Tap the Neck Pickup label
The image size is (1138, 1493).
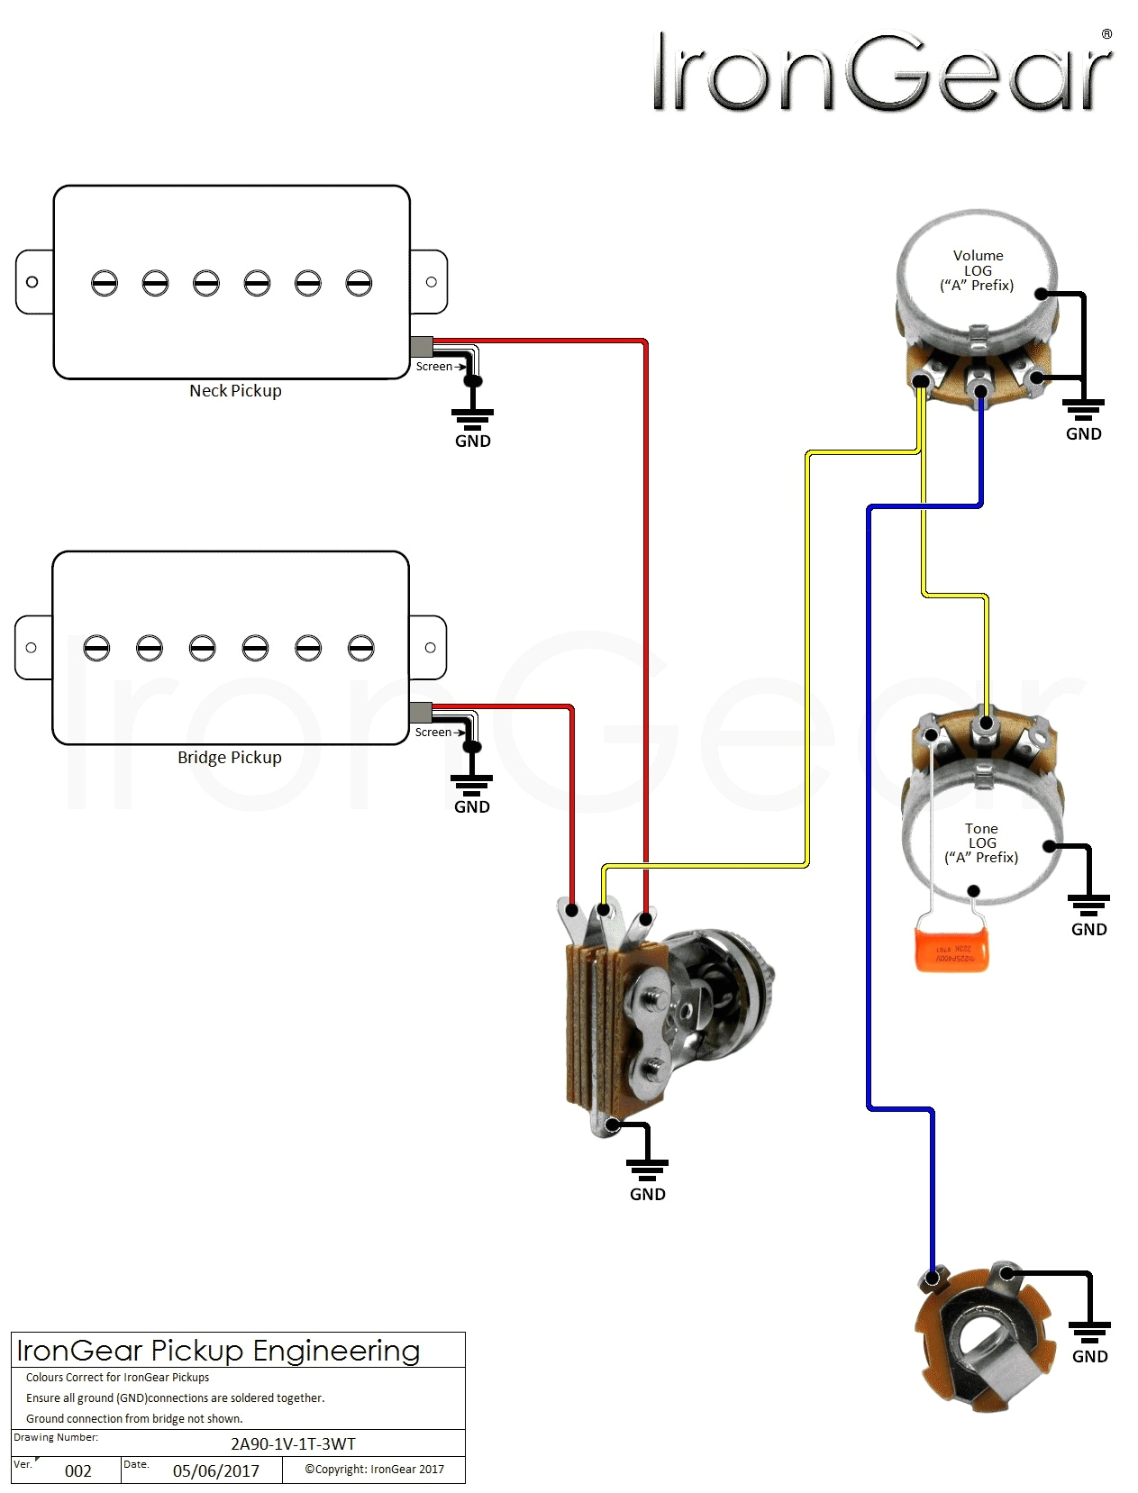pyautogui.click(x=235, y=391)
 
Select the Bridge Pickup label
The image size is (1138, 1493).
pyautogui.click(x=229, y=758)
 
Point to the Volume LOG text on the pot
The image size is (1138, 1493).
pyautogui.click(x=978, y=270)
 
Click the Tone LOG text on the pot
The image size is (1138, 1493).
pyautogui.click(x=981, y=842)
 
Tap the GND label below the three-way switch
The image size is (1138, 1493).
pyautogui.click(x=647, y=1195)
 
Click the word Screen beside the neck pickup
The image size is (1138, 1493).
pyautogui.click(x=433, y=367)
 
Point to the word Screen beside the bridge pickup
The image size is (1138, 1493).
pyautogui.click(x=432, y=733)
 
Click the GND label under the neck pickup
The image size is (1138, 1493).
pyautogui.click(x=472, y=442)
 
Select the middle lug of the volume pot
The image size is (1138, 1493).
pyautogui.click(x=979, y=389)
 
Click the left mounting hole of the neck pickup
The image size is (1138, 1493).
pyautogui.click(x=32, y=282)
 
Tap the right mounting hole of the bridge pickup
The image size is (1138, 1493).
pyautogui.click(x=431, y=648)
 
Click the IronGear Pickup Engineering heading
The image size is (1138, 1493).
pyautogui.click(x=218, y=1351)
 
